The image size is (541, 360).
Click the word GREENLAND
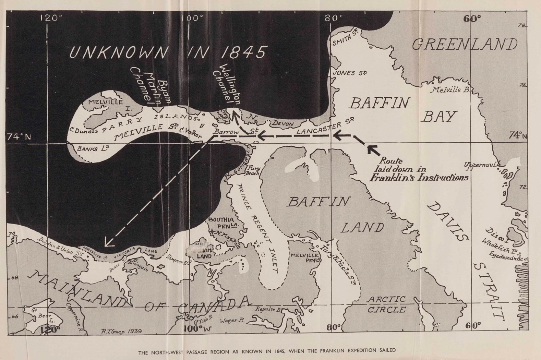click(465, 45)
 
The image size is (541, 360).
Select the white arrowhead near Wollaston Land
click(109, 243)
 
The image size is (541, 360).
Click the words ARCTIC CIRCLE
click(386, 304)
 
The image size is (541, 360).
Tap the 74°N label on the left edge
click(19, 137)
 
